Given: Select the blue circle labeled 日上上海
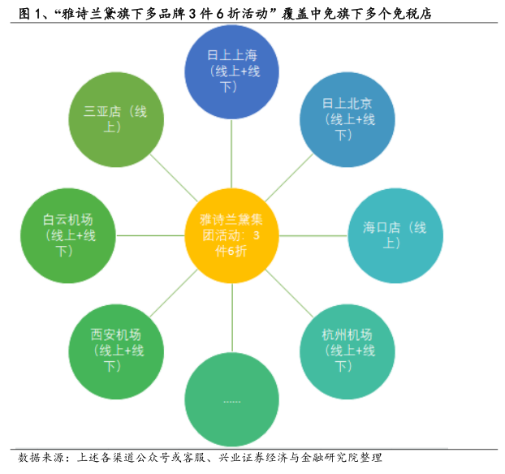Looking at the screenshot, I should coord(232,72).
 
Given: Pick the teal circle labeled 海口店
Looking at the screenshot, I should coord(395,235).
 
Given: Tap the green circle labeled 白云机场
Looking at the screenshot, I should coord(69,235).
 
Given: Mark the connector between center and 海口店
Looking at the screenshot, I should coord(313,235).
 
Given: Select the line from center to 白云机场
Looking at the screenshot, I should coord(151,235).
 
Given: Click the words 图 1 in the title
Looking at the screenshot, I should coord(18,12).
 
